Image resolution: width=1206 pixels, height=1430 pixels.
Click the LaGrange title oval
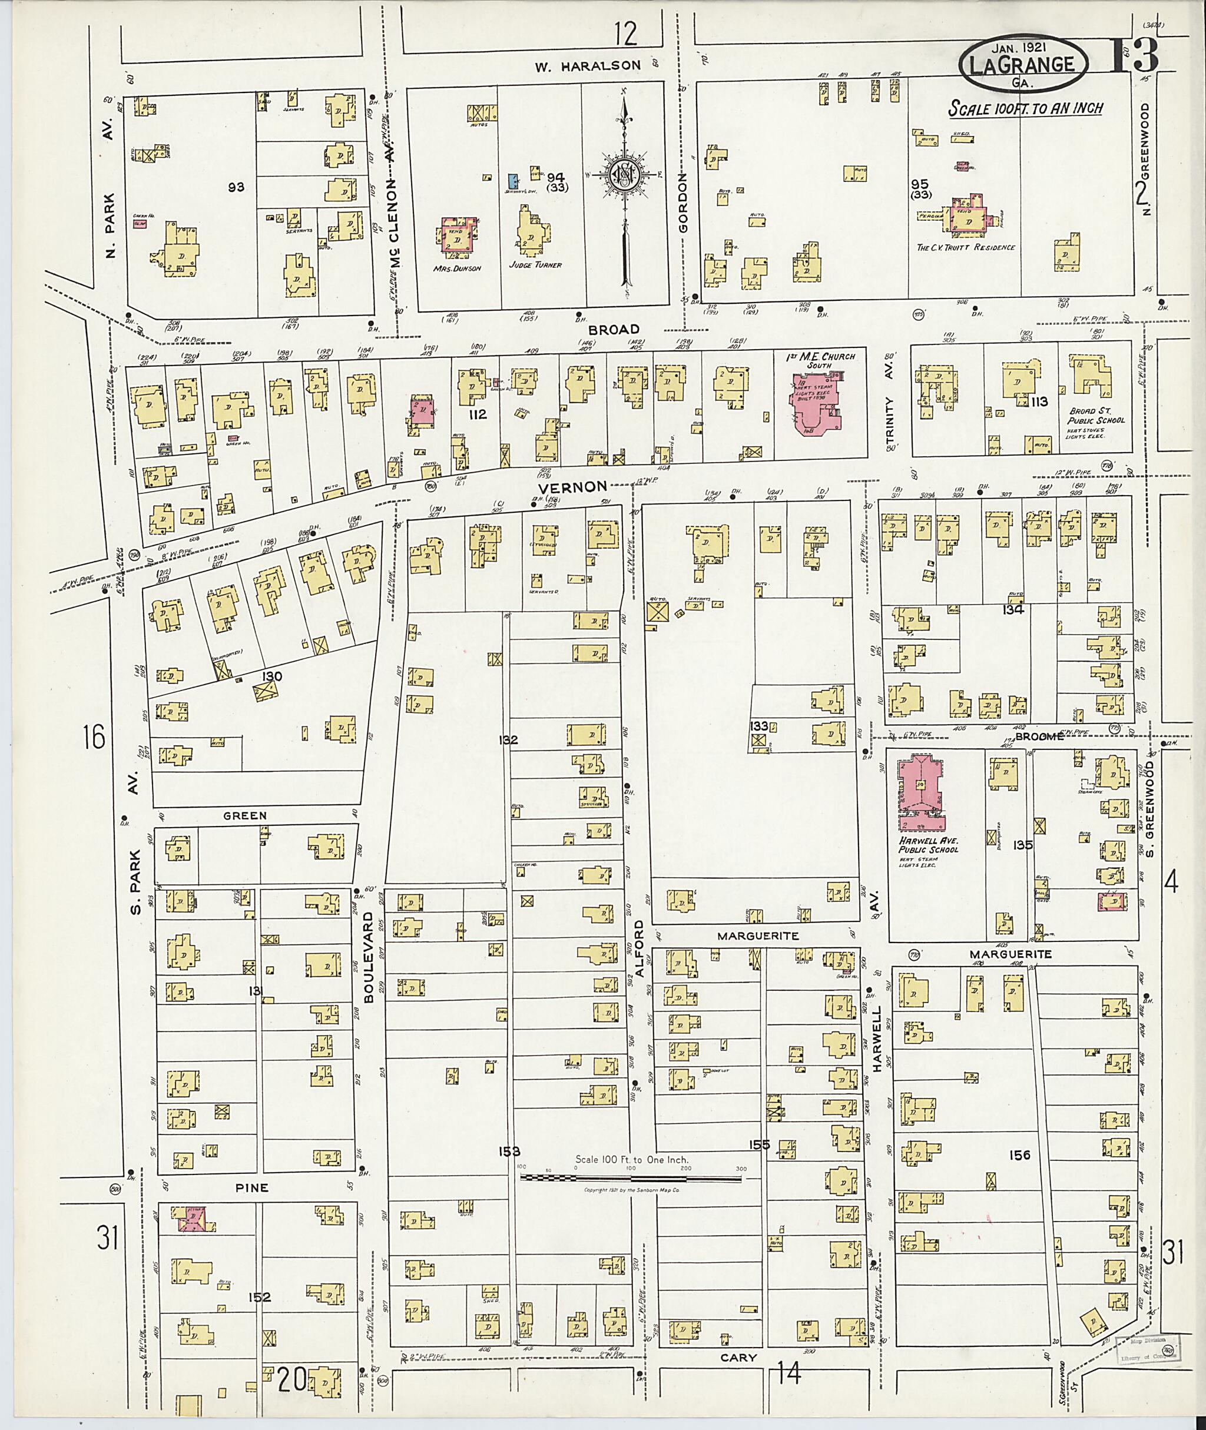(x=1023, y=65)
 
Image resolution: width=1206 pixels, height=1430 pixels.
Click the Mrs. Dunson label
(x=457, y=268)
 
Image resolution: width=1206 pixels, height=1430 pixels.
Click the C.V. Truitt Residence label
(x=965, y=247)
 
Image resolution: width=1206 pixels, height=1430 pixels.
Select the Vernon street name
(x=572, y=487)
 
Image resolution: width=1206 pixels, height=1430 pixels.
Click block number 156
(x=1019, y=1155)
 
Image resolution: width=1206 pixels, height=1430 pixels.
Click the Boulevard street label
(x=368, y=957)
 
